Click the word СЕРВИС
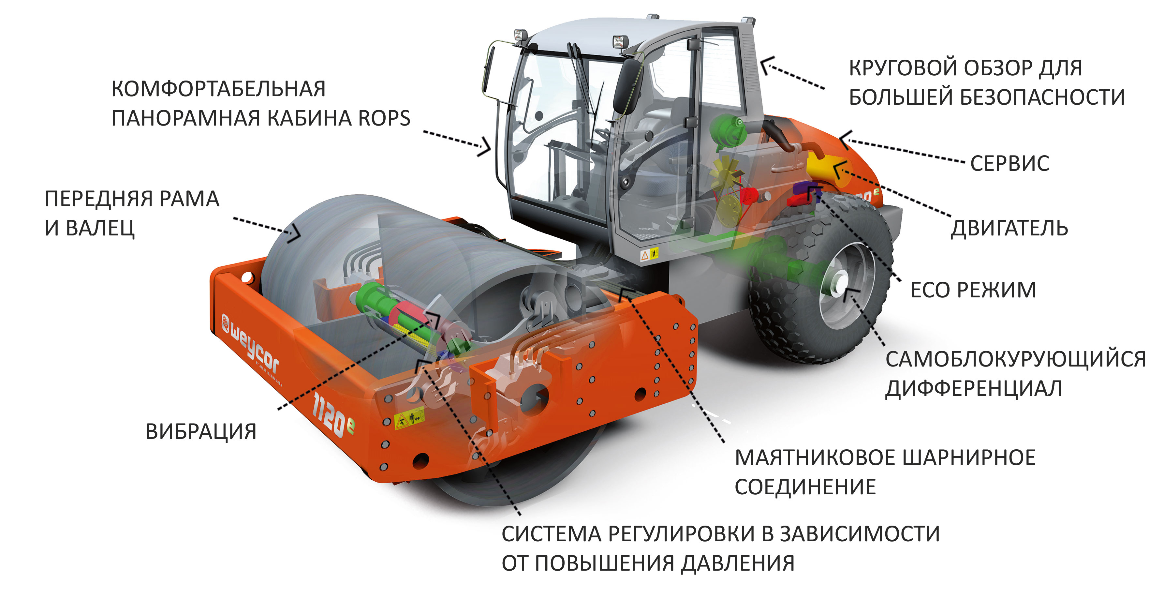[1009, 163]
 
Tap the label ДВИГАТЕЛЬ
[1009, 228]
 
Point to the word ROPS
[384, 118]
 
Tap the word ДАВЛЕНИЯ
[738, 563]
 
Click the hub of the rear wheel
[839, 284]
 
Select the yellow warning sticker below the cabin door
[649, 255]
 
